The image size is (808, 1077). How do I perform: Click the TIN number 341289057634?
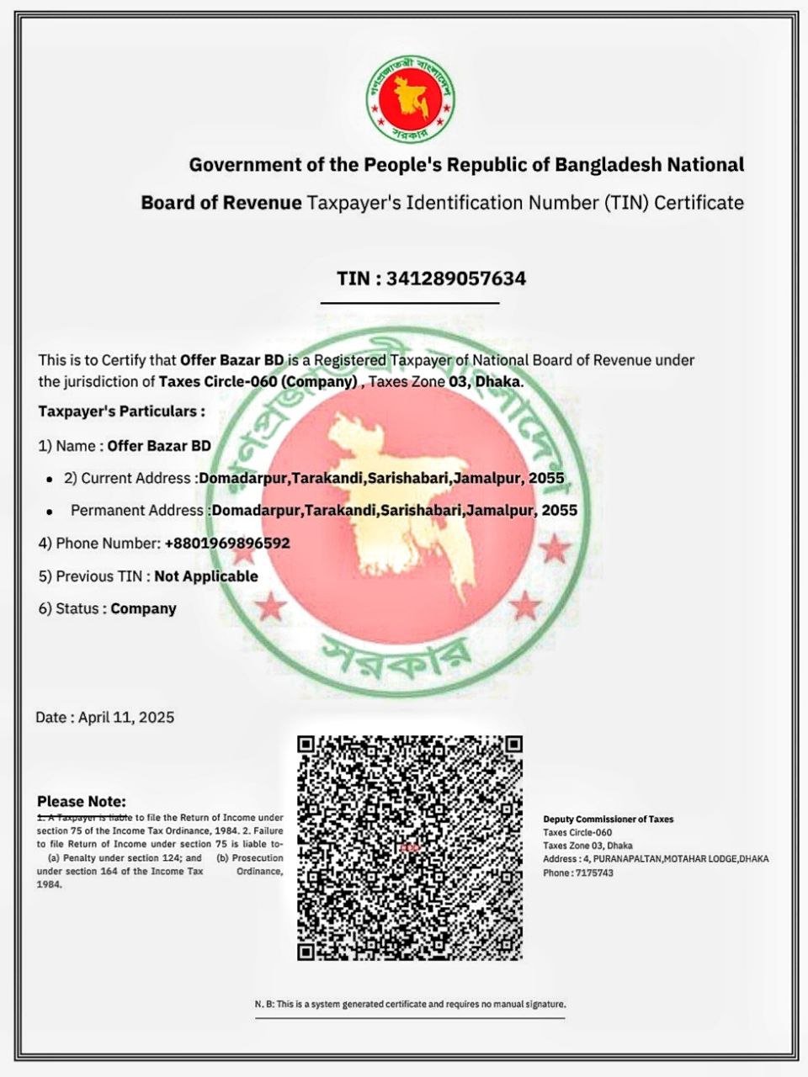coord(454,279)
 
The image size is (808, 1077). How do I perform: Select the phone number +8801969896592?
coord(227,544)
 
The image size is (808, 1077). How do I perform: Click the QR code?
coord(410,847)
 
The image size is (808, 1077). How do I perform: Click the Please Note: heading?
coord(82,801)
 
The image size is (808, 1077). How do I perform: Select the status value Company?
coord(143,608)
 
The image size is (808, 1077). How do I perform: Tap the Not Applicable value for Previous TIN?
coord(206,576)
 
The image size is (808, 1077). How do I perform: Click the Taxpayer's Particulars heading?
coord(121,411)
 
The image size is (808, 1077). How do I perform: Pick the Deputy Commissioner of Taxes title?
coord(608,819)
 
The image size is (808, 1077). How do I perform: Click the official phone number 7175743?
coord(594,873)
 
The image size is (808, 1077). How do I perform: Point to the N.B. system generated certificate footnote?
coord(410,1004)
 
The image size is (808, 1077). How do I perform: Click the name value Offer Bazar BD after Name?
coord(159,446)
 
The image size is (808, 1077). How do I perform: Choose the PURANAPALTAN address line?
coord(656,859)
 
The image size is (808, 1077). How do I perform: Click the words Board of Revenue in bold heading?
coord(221,203)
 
